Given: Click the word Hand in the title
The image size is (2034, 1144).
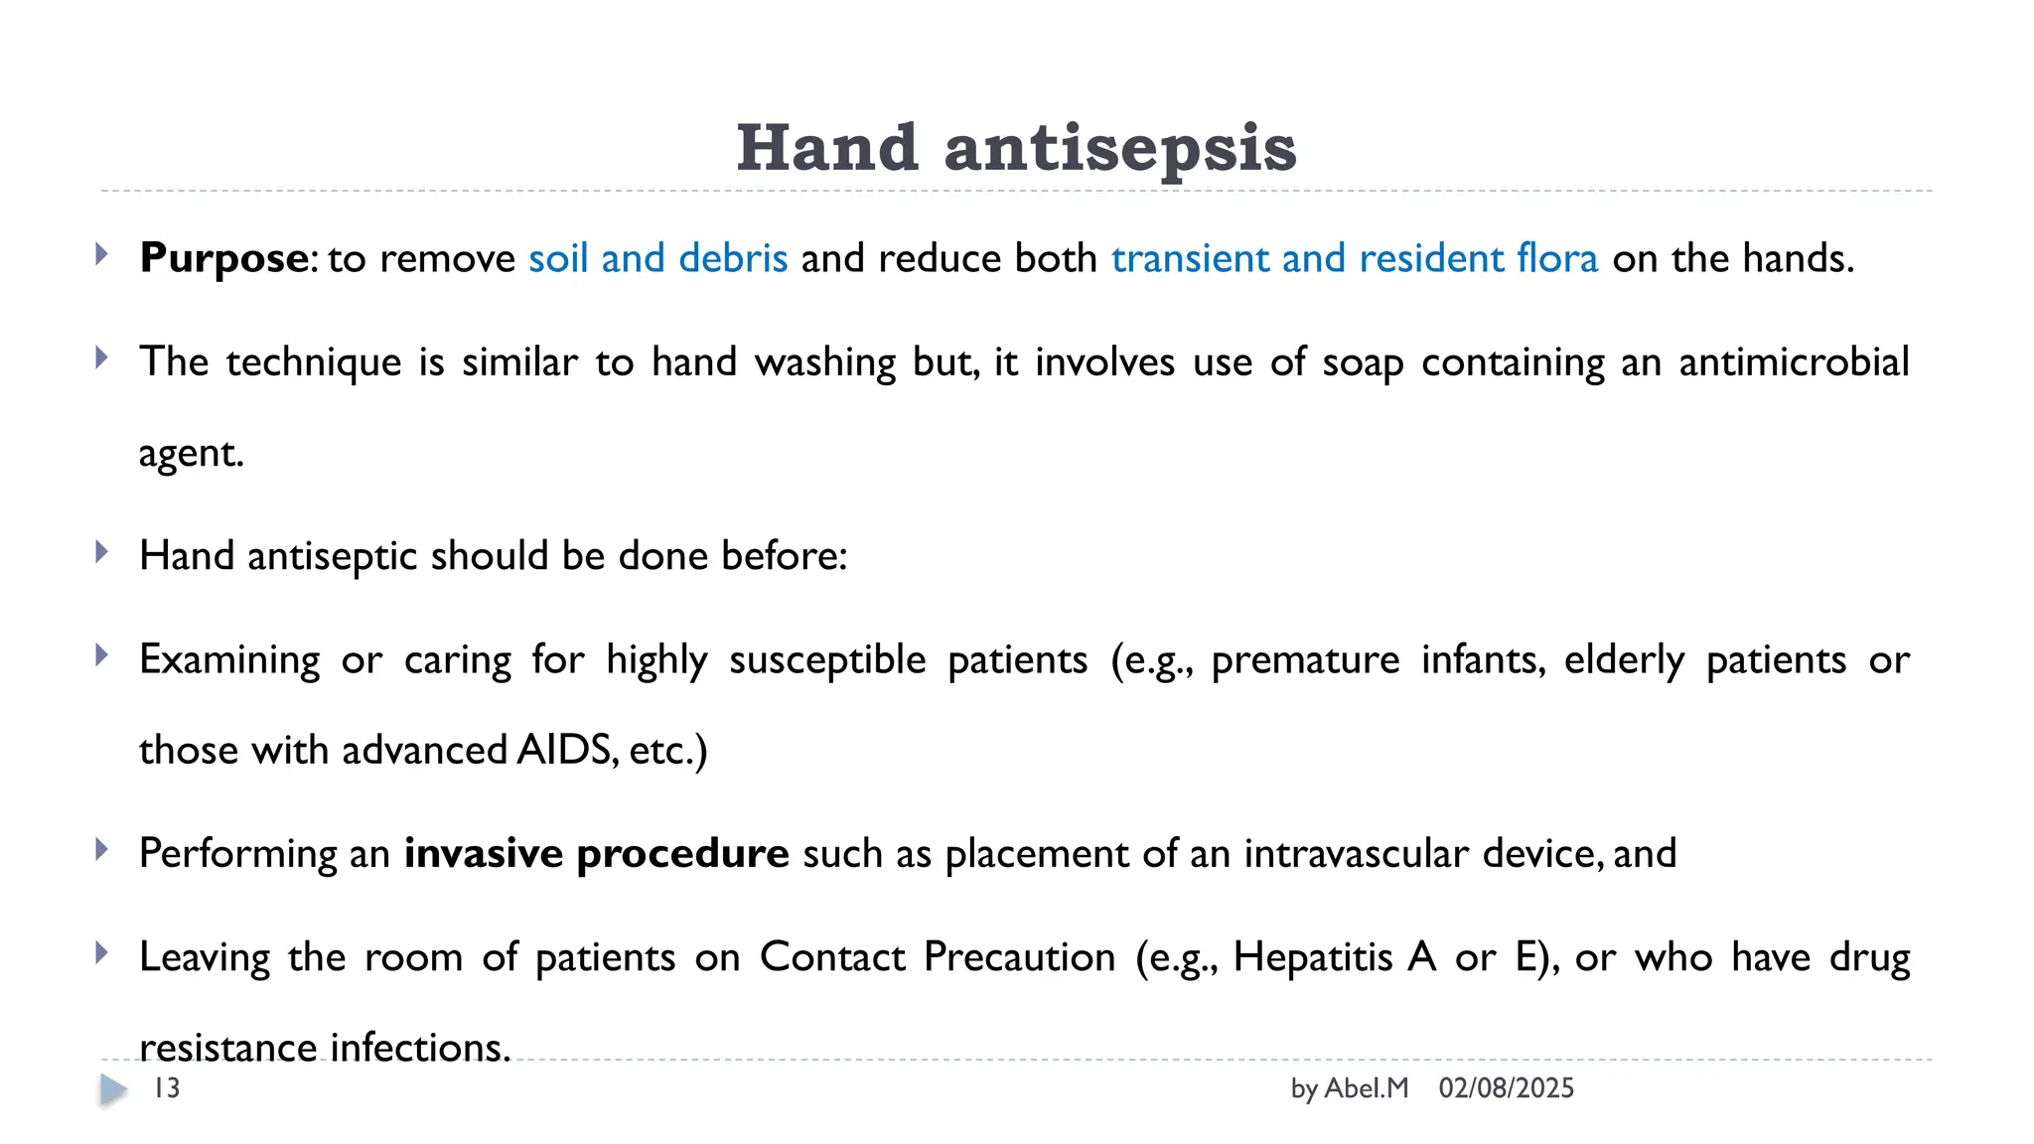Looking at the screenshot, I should tap(827, 149).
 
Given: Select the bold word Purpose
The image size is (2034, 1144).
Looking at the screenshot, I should tap(224, 258).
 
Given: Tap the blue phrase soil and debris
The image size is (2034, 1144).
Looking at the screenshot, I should tap(657, 258).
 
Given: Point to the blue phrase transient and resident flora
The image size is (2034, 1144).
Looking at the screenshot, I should tap(1355, 258).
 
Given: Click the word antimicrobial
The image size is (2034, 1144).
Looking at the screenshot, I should tap(1794, 361).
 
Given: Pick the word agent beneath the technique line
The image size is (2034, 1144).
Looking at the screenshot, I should tap(190, 454).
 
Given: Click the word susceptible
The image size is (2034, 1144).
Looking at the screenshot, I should tap(827, 660).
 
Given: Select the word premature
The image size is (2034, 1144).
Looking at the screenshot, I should tap(1305, 660).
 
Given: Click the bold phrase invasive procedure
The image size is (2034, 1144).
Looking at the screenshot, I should tap(596, 854).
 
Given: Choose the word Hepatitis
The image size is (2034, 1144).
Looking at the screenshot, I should tap(1313, 957).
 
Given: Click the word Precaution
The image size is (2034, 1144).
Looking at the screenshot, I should tap(1020, 957).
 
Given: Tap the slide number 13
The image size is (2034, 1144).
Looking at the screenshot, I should tap(167, 1088).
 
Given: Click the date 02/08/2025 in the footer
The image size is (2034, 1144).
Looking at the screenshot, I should tap(1506, 1088).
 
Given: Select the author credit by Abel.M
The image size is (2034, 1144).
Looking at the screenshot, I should tap(1349, 1088).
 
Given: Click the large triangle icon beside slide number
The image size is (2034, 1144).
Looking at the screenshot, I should tap(113, 1089).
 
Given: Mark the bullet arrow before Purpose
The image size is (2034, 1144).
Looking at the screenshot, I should tap(101, 254).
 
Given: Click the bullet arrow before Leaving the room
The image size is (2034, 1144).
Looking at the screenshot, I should tap(101, 953).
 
